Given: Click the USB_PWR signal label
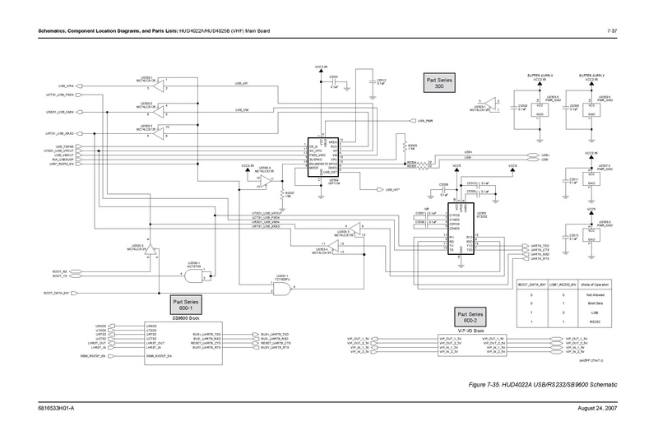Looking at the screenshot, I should coord(424,121).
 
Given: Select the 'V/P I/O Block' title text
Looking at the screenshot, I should coord(473,330).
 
